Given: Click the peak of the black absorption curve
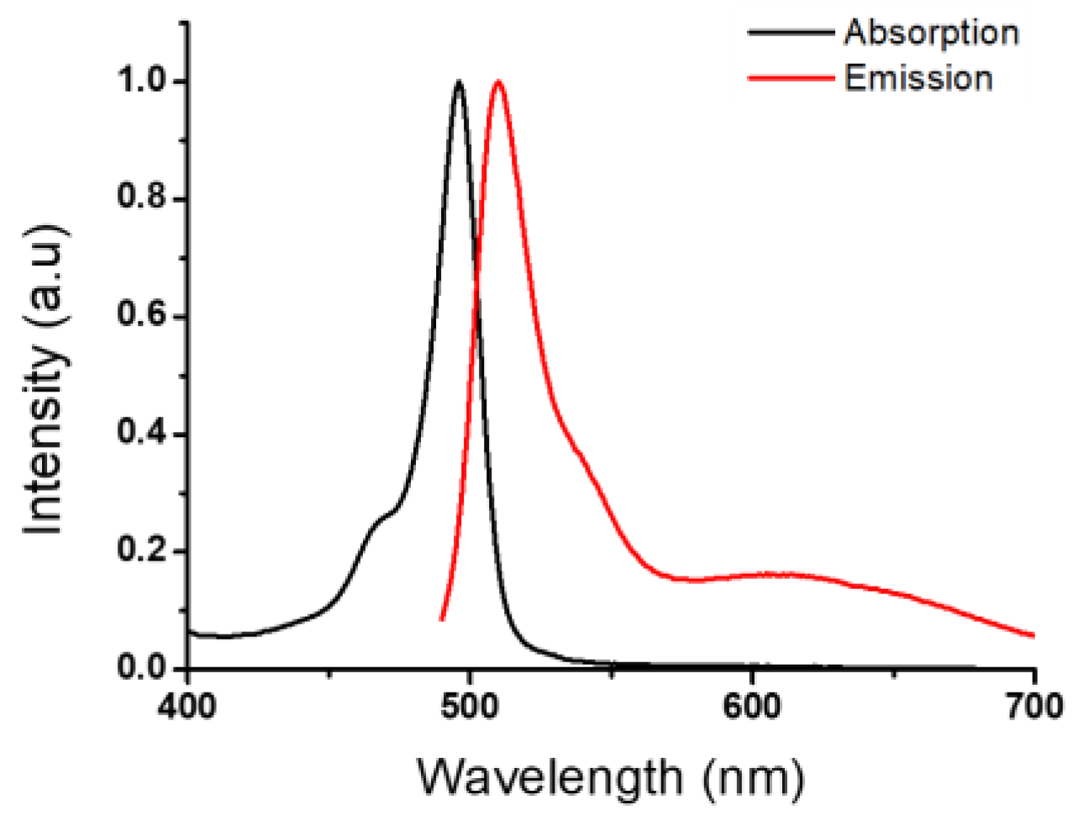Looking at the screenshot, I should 458,82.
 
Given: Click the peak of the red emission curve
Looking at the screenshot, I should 498,82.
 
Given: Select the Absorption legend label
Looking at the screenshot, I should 931,33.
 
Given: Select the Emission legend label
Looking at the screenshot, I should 918,78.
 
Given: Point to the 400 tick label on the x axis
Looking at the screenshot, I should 187,707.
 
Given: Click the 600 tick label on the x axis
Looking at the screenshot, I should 752,707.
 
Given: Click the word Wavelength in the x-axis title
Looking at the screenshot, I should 550,776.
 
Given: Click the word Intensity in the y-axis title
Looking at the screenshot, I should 44,437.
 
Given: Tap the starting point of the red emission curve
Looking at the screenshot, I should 442,620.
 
